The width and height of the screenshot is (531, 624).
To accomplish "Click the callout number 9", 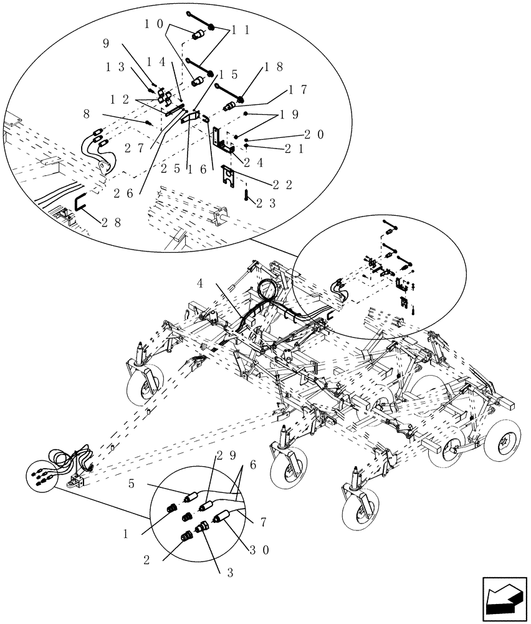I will click(x=106, y=44).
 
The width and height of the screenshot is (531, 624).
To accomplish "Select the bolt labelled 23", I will click(x=247, y=195).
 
